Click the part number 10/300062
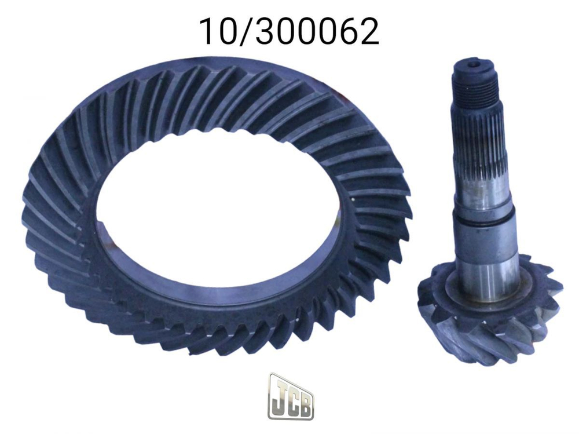tap(289, 31)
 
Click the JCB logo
tap(291, 396)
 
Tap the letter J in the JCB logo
tap(278, 395)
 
